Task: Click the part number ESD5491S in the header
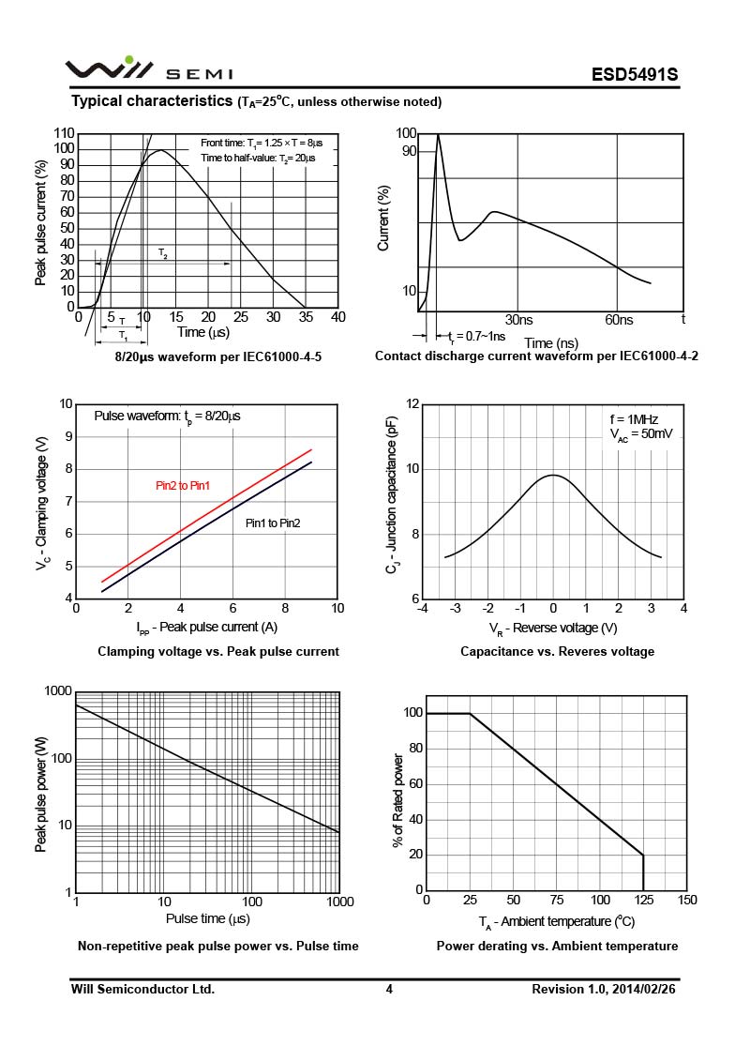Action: [x=635, y=74]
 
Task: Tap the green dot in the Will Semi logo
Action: [x=130, y=60]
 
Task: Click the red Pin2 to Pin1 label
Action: [x=183, y=486]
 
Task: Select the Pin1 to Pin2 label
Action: [x=273, y=523]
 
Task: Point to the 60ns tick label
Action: [x=619, y=320]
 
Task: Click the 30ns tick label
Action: [x=518, y=320]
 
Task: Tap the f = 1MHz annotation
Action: [x=634, y=419]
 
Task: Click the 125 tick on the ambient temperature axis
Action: [x=644, y=900]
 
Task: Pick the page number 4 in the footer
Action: [x=389, y=990]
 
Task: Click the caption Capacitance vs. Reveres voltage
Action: [x=557, y=652]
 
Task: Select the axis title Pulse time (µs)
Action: [x=207, y=919]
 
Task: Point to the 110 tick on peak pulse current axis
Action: [x=65, y=133]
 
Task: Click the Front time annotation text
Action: [x=262, y=143]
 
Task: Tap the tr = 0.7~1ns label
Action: [x=476, y=336]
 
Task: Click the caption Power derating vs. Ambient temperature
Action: [x=557, y=946]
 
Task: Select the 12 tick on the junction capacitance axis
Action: [x=412, y=404]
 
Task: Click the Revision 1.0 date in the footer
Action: [x=603, y=990]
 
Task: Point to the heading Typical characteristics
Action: [x=152, y=100]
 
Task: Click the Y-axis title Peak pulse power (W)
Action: [x=41, y=794]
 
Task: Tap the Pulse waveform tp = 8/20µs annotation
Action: [x=167, y=417]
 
